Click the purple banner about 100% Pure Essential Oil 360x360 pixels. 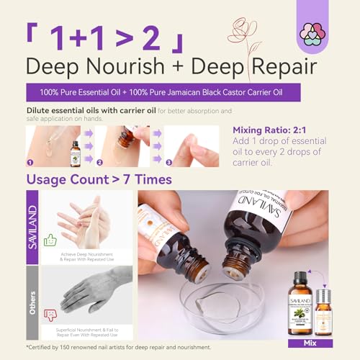(x=179, y=93)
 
